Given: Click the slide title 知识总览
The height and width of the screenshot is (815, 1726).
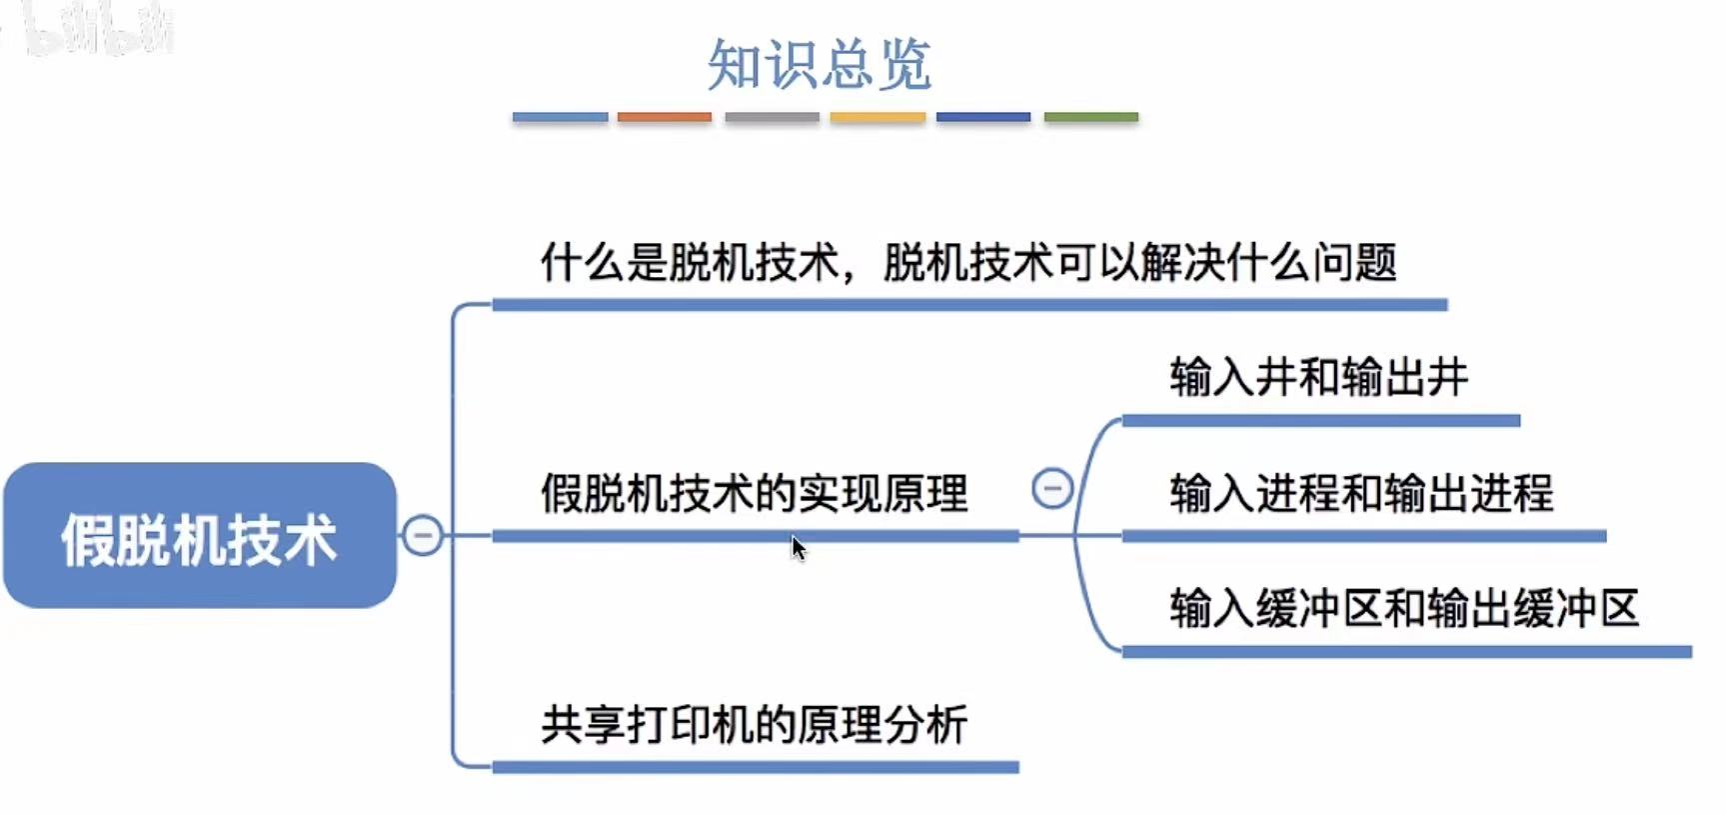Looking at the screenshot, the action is [x=820, y=65].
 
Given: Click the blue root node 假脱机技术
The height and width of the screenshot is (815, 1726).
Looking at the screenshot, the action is [x=200, y=536].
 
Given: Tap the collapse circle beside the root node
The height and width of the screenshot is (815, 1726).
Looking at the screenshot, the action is [x=423, y=535].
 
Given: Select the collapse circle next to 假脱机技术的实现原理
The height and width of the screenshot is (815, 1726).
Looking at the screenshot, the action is [x=1051, y=489].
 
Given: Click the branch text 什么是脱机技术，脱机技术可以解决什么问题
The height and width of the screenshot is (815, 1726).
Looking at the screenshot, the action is [x=967, y=263].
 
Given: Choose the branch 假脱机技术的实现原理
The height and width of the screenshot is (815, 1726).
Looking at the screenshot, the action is [x=755, y=493].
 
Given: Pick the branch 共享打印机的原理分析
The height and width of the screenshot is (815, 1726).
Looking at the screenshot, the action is [x=755, y=724].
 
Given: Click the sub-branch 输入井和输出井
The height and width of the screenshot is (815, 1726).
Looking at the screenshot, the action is [x=1319, y=378].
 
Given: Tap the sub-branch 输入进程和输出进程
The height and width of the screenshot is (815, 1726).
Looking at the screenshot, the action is [x=1361, y=493].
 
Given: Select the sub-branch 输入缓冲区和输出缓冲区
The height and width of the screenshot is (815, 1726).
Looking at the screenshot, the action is [x=1404, y=608].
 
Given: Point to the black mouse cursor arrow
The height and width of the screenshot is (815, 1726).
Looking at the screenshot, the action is [x=798, y=547].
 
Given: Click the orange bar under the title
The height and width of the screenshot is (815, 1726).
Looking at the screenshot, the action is [x=665, y=117].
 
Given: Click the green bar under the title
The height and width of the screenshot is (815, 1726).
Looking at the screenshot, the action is [x=1090, y=117].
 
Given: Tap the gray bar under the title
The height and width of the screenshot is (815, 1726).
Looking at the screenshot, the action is [x=772, y=117].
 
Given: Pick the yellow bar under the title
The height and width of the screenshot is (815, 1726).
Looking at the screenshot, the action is [x=877, y=117].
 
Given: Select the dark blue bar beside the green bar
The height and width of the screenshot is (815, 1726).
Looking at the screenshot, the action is [x=983, y=117].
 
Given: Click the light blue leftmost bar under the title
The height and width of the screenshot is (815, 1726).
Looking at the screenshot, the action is [x=560, y=117].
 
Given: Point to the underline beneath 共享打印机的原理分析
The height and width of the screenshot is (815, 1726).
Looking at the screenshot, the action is [x=755, y=767].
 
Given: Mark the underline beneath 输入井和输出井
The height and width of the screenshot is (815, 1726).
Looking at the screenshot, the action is [x=1320, y=421].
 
